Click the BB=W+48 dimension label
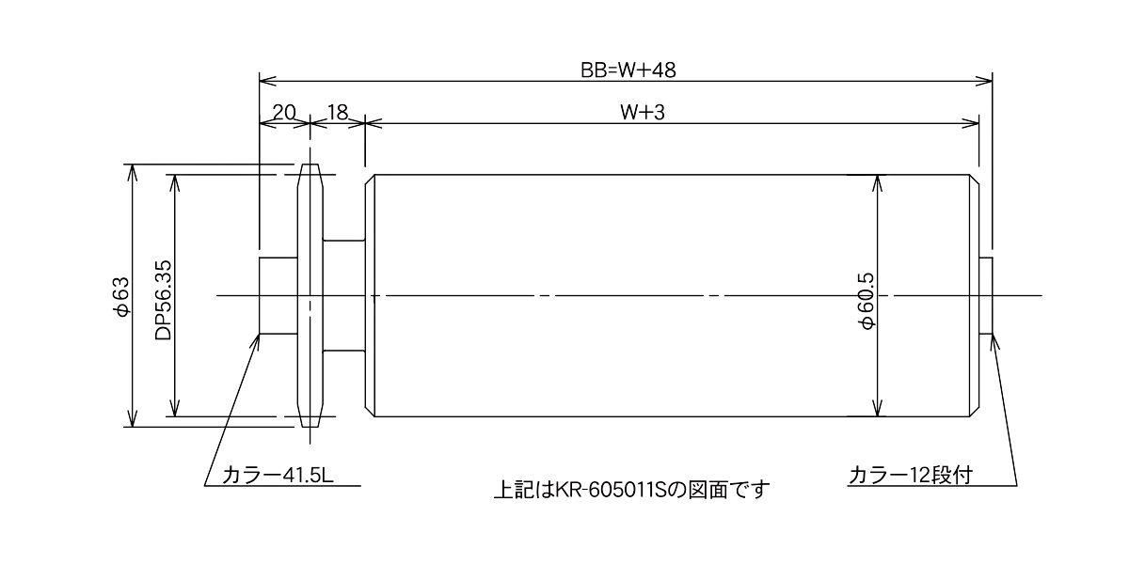point(628,69)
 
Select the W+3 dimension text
point(643,112)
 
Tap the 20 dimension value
point(283,112)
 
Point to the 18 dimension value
point(337,112)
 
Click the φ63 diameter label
point(119,295)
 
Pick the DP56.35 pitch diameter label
point(163,295)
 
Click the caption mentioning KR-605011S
point(631,490)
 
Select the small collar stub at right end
point(986,295)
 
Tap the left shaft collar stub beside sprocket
point(278,295)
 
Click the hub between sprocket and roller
point(344,295)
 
